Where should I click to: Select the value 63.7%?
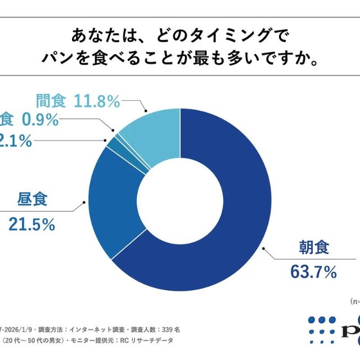[x=313, y=273]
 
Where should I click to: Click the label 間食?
[x=50, y=101]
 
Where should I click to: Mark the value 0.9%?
[x=39, y=119]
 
